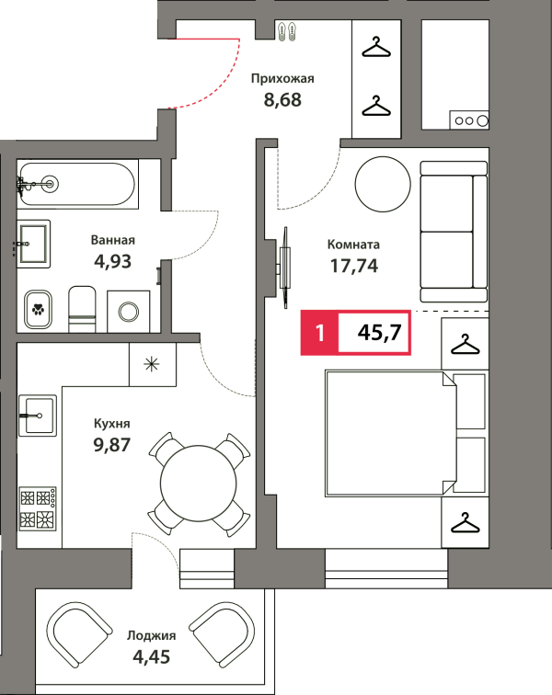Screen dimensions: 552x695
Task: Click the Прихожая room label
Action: (x=282, y=79)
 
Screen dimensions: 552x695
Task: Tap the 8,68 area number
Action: (x=282, y=99)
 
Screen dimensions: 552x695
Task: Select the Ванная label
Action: (x=113, y=240)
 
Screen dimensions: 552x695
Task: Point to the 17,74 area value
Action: (x=354, y=266)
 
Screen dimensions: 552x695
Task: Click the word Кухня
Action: (x=112, y=424)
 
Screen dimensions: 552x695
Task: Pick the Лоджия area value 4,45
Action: (x=151, y=656)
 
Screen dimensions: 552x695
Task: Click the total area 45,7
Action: (x=379, y=332)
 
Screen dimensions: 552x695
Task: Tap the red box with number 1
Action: (x=319, y=333)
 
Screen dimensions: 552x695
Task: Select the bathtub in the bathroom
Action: (x=77, y=184)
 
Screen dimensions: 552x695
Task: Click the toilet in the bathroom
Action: (x=82, y=309)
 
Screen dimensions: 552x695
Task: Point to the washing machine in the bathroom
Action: (x=128, y=311)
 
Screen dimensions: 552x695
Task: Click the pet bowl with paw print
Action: (x=38, y=309)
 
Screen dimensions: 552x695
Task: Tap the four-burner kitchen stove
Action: (x=38, y=508)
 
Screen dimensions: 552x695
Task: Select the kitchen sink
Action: (x=38, y=416)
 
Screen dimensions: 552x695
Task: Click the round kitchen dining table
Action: (x=199, y=484)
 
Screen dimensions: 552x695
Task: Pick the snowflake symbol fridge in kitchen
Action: (x=152, y=364)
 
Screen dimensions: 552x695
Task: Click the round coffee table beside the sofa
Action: (x=383, y=184)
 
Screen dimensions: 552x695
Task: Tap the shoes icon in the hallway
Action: (x=287, y=31)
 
